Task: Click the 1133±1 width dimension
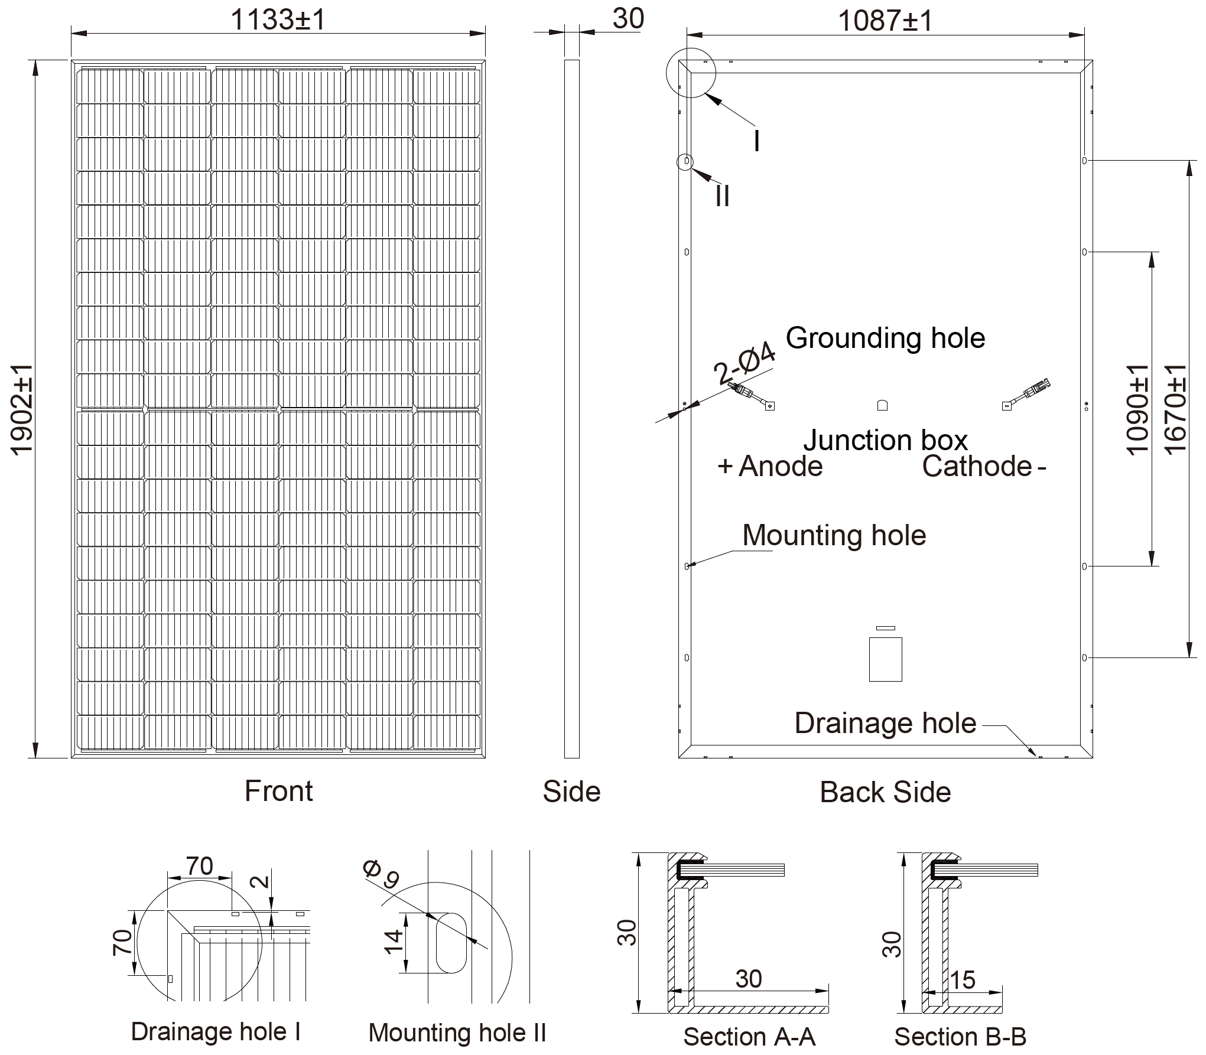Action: (x=278, y=20)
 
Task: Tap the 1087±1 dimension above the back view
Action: (x=885, y=21)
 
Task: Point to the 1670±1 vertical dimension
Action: (x=1176, y=409)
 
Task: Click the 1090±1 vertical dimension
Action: (x=1137, y=409)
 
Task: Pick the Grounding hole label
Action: (x=885, y=338)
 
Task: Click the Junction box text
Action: (x=885, y=441)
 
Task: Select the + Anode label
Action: (x=770, y=467)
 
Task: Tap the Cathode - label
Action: (x=984, y=467)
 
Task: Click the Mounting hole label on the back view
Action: (x=834, y=536)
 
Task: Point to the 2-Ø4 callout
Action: (x=745, y=364)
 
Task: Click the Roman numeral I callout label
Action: (x=757, y=142)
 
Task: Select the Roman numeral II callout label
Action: (x=722, y=196)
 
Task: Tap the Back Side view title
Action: (x=885, y=793)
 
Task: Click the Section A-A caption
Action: (x=749, y=1037)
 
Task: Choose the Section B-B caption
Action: (x=960, y=1037)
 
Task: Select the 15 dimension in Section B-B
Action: (x=963, y=981)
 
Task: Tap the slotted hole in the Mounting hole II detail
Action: (x=451, y=942)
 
